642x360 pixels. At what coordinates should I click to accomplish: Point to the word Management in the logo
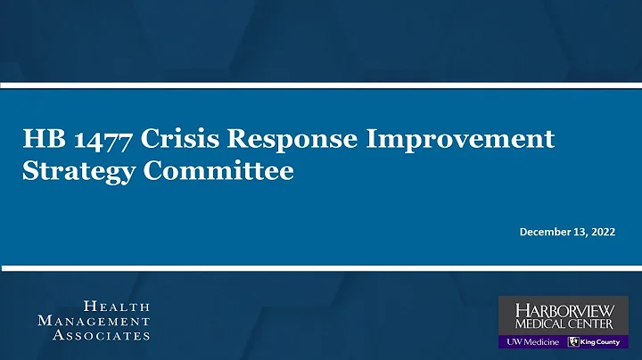tap(94, 320)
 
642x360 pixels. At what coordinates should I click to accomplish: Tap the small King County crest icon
tap(573, 342)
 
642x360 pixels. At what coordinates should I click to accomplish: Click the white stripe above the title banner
tap(321, 86)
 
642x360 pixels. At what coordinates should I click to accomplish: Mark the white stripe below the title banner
tap(321, 266)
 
